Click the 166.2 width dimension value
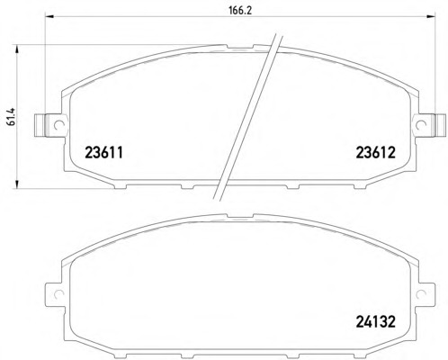tap(240, 11)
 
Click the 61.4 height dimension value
tap(12, 118)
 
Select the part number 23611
tap(104, 153)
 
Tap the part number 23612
tap(376, 153)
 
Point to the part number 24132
tap(376, 322)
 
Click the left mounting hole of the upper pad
tap(58, 124)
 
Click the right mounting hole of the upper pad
tap(421, 124)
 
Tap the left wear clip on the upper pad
tap(41, 125)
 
